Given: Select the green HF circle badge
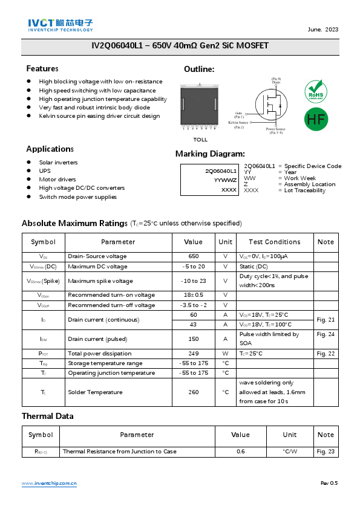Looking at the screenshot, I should [315, 118].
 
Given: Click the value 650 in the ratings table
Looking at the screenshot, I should [194, 256].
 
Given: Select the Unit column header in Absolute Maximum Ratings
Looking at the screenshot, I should [226, 242].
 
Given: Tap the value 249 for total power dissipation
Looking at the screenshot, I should [194, 354].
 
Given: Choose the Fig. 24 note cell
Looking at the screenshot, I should [326, 334].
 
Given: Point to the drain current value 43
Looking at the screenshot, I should [194, 325].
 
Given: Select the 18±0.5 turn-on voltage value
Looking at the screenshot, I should [194, 295].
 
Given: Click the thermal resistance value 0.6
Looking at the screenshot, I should [240, 452].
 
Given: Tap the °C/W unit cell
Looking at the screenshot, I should [290, 452].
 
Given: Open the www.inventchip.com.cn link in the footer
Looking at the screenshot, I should [49, 484].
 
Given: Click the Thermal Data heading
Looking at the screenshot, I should [48, 416].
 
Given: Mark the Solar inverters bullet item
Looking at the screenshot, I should [58, 163].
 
